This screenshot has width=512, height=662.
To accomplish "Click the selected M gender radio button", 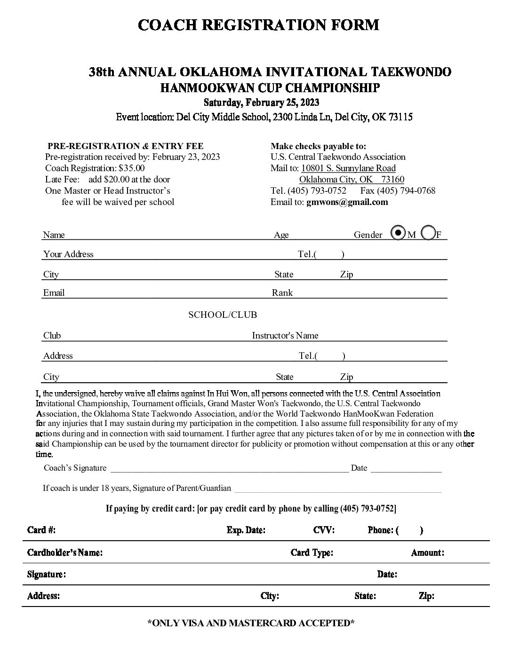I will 398,232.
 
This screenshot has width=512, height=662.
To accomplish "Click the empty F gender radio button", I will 428,232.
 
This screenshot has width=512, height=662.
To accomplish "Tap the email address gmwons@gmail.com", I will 347,202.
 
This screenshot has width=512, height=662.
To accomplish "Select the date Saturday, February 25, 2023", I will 261,102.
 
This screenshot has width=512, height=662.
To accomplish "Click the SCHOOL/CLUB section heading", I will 223,315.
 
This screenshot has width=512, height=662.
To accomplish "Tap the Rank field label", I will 282,292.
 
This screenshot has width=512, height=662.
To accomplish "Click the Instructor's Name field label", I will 285,335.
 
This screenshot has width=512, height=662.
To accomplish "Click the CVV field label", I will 324,530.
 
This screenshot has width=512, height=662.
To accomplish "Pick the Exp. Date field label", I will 246,530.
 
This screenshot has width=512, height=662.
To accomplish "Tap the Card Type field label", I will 312,552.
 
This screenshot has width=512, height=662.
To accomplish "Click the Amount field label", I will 427,552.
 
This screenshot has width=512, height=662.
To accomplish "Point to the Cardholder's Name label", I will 64,552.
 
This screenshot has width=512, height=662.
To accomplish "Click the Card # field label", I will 41,530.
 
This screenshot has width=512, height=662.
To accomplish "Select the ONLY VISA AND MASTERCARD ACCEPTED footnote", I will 251,623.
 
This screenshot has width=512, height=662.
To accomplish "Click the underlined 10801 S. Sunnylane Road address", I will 348,168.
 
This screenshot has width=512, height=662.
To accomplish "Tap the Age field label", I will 281,235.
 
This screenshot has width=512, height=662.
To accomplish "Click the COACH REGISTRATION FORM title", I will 258,24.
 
